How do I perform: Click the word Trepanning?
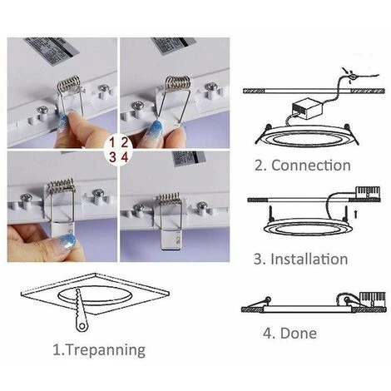click(106, 350)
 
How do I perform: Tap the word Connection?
click(311, 166)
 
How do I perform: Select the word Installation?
click(309, 259)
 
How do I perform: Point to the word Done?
click(299, 333)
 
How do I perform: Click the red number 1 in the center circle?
click(112, 142)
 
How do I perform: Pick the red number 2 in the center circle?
click(125, 142)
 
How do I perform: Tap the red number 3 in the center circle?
click(112, 157)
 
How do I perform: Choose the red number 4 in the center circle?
click(125, 157)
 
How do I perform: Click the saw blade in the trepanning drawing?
click(81, 309)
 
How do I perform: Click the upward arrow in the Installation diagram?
click(356, 215)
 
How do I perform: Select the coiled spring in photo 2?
click(177, 82)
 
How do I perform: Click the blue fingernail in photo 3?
click(67, 240)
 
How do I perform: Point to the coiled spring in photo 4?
click(169, 198)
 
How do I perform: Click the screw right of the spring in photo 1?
click(103, 88)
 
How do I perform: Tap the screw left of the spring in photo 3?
click(27, 198)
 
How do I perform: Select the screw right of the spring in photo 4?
click(202, 206)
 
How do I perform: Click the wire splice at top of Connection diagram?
click(352, 76)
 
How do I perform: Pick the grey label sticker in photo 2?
click(173, 45)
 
